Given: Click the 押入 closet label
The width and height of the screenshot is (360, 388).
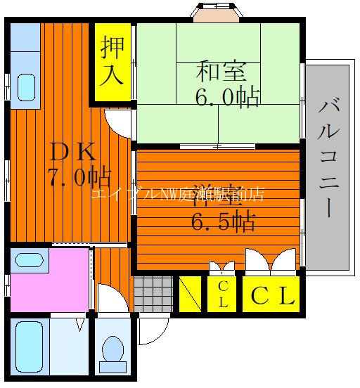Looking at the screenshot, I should tap(112, 61).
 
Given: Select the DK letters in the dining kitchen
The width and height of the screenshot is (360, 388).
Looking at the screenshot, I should tap(69, 152).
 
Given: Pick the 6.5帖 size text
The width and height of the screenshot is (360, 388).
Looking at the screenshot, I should tap(223, 222).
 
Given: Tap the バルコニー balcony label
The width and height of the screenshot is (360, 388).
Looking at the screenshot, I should tap(328, 158).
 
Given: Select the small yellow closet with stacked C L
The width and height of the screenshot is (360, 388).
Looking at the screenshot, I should tap(222, 295).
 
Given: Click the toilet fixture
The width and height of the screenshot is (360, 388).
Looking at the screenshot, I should tap(111, 350).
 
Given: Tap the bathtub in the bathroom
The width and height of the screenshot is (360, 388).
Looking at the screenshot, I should tap(30, 348).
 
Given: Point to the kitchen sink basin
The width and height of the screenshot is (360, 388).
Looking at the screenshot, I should tap(25, 87).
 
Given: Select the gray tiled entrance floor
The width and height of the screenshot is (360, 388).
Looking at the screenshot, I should tap(153, 293).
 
